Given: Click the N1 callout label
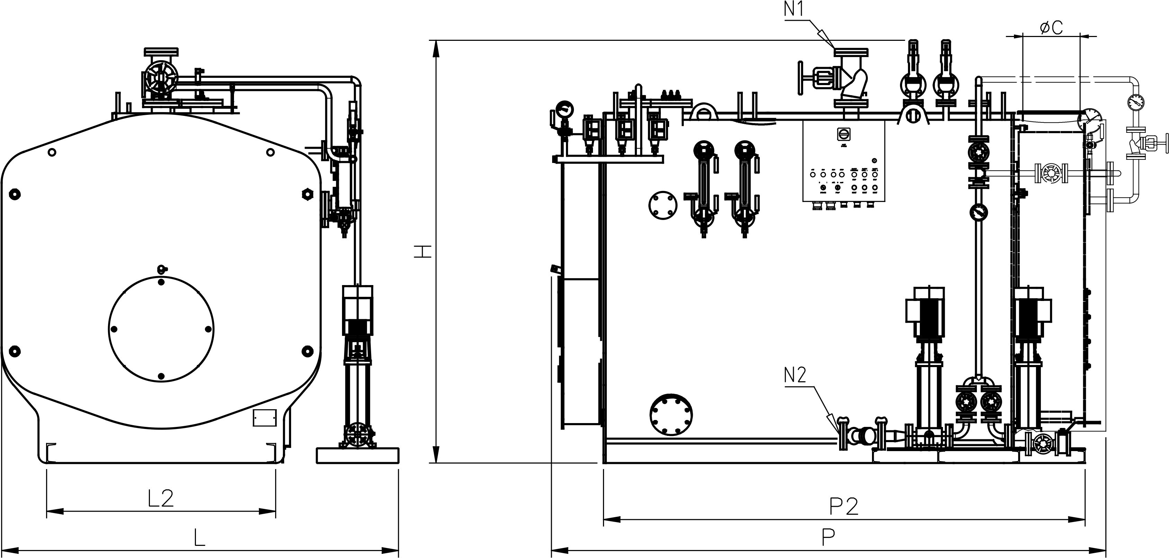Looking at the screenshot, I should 794,10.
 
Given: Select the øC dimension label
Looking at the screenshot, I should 1051,28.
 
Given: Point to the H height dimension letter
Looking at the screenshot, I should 422,252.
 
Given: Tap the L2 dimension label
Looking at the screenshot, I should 161,498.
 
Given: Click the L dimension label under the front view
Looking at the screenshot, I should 199,538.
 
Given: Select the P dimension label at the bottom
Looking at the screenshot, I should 828,538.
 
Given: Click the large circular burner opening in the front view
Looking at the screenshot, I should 161,329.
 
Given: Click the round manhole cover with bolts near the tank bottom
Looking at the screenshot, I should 671,414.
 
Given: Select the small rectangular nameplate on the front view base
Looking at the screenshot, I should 264,417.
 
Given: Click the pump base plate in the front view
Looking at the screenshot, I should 357,455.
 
